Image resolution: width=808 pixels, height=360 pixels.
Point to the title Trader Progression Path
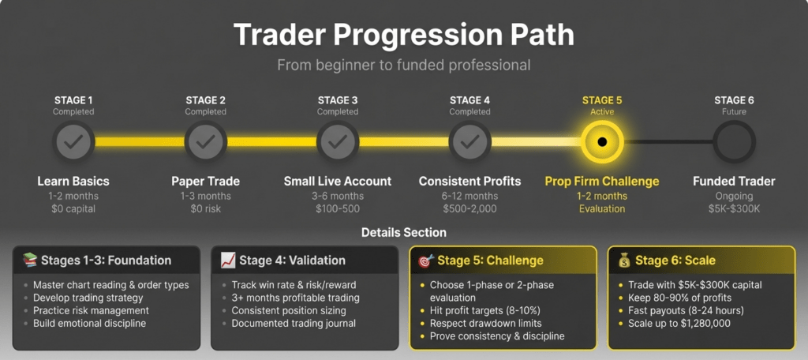point(403,35)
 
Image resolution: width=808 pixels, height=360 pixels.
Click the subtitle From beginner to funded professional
point(403,66)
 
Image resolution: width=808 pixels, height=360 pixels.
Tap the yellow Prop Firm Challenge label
point(602,181)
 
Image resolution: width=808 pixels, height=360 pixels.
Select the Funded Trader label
point(734,181)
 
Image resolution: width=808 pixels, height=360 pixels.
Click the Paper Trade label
point(206,181)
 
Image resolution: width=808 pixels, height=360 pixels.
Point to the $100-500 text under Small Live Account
point(338,209)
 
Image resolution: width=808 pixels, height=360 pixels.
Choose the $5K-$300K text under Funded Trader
point(734,209)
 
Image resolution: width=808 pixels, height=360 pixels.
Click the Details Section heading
point(403,233)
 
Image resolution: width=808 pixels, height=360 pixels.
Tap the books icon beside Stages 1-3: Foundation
point(30,261)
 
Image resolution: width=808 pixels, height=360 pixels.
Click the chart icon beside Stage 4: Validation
point(228,261)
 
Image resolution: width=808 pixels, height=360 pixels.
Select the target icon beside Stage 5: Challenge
point(425,261)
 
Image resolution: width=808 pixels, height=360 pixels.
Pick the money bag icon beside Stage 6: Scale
point(624,261)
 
